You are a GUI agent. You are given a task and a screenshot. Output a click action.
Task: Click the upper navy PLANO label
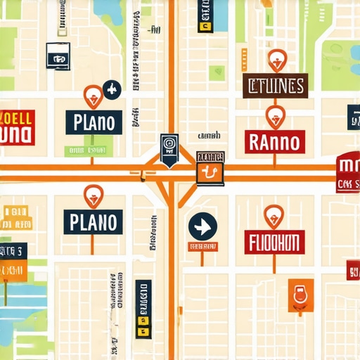coord(93,122)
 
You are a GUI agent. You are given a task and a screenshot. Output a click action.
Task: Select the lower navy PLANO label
coord(93,221)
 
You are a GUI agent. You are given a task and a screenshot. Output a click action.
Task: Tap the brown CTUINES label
coord(276,86)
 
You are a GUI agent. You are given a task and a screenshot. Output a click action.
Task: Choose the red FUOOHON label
coord(275,242)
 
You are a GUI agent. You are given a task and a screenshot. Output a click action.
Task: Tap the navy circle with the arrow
coord(202,227)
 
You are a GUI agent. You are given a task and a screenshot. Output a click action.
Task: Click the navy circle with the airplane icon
coord(110,89)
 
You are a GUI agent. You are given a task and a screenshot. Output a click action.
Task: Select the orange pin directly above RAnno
coord(276,115)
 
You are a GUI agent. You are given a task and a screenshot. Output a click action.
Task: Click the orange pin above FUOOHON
coord(274,214)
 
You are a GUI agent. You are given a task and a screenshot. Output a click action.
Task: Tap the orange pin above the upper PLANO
coord(92,95)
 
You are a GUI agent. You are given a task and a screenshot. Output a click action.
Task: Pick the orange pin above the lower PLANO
coord(93,195)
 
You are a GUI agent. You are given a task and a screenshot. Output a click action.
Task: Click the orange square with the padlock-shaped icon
coord(300,295)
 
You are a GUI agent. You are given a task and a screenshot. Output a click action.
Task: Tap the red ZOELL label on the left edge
coord(15,127)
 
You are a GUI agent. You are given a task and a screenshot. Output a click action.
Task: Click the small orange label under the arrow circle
coord(202,247)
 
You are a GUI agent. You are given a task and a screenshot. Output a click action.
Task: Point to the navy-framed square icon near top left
coord(58,56)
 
